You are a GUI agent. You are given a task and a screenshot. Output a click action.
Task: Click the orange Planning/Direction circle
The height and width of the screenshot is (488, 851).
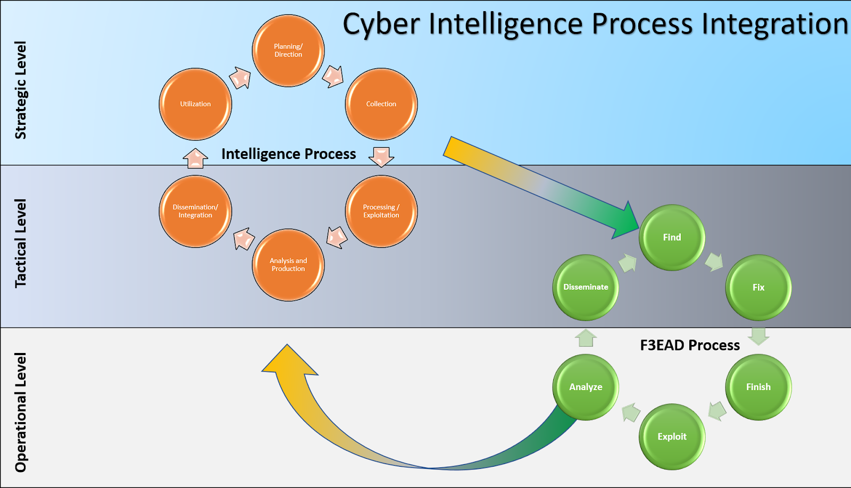tap(288, 51)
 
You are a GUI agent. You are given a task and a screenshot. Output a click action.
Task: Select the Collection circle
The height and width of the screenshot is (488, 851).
tap(381, 104)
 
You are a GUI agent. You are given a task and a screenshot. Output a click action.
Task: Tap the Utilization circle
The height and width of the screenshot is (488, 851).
tap(195, 104)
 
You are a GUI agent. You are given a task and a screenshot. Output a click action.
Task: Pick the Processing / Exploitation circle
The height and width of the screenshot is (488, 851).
tap(381, 212)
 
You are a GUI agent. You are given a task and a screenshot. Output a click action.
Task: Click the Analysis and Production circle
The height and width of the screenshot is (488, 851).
tap(288, 265)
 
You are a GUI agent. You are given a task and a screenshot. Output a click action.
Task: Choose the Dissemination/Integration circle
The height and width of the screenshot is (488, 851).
tap(195, 212)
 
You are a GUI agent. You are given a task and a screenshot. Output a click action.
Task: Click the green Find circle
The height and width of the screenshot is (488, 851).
tap(672, 238)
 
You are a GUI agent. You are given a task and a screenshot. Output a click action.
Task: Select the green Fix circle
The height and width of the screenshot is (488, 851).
tap(758, 288)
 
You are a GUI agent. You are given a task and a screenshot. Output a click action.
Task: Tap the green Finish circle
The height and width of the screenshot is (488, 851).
tap(758, 387)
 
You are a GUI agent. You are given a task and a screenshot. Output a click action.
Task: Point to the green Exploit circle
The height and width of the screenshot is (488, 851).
tap(672, 436)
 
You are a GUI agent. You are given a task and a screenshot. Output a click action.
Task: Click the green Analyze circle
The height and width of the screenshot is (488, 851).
tap(586, 387)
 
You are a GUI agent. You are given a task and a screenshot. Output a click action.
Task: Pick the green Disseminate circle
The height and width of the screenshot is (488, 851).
tap(586, 287)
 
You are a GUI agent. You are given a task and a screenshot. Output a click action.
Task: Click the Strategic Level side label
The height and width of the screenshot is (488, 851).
tap(21, 90)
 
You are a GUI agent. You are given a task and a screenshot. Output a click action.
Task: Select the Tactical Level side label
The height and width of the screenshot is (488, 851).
tap(21, 243)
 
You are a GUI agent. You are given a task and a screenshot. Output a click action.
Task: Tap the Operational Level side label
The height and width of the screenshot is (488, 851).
tap(21, 412)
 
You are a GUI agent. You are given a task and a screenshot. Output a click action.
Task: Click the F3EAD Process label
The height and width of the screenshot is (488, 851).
tap(690, 346)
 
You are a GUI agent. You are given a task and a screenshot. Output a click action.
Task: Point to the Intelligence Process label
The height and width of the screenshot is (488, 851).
tap(288, 154)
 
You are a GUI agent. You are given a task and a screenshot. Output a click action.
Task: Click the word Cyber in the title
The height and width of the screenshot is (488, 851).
tap(381, 24)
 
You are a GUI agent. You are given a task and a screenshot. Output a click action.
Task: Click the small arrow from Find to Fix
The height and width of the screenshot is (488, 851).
tap(714, 262)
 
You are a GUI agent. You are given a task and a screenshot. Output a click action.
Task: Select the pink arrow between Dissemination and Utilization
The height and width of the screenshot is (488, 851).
tap(195, 158)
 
